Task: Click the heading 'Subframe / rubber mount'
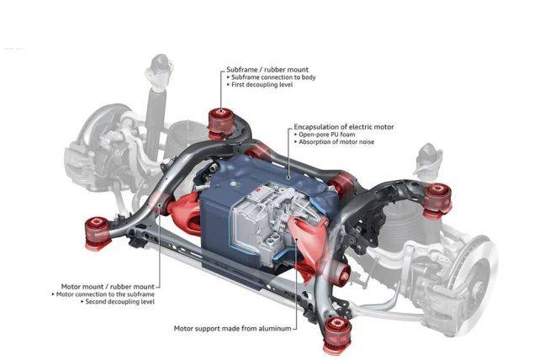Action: (267, 70)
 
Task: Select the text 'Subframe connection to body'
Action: (273, 77)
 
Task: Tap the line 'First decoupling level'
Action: (262, 85)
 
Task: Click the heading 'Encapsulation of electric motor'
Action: (344, 127)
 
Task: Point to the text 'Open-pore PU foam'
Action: (327, 135)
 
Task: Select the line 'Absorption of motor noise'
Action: (336, 141)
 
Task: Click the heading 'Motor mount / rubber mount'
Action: (108, 287)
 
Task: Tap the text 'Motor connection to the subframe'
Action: (105, 294)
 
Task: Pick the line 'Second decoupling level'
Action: (120, 302)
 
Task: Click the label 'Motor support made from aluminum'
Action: (232, 328)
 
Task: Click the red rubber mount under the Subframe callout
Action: (221, 124)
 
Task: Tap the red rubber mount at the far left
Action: (98, 233)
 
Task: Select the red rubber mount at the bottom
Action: (337, 335)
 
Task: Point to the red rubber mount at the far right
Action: (437, 200)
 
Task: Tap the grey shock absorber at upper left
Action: (156, 103)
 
